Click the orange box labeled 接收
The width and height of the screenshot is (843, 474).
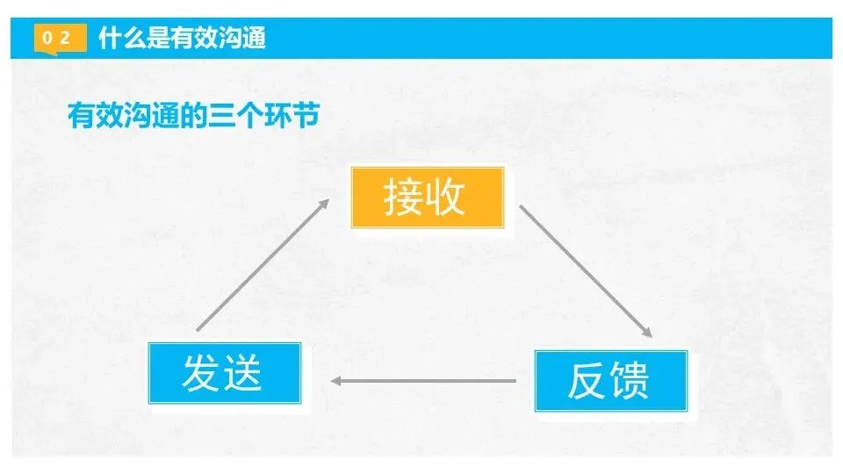tap(428, 197)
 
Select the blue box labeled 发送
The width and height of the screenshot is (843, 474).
tap(225, 372)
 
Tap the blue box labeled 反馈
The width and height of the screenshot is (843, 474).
tap(611, 380)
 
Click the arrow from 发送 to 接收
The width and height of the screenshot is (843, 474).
tap(262, 265)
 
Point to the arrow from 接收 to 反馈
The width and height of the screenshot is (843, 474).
tap(586, 272)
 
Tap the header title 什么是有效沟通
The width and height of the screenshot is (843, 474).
tap(183, 39)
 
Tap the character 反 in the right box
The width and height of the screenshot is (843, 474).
tap(587, 380)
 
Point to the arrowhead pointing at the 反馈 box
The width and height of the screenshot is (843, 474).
tap(647, 333)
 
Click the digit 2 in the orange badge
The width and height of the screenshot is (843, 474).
tap(65, 39)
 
